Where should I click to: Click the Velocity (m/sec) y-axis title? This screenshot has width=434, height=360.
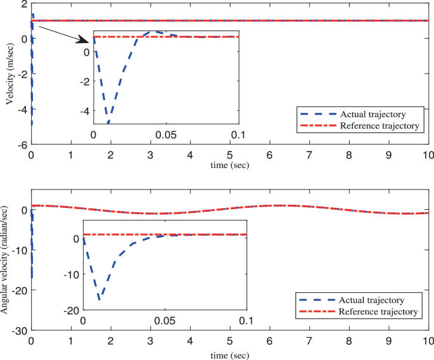10,75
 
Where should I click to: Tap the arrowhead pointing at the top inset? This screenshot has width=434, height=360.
88,41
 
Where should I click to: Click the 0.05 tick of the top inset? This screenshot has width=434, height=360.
166,135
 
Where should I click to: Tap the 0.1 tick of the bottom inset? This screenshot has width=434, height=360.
246,321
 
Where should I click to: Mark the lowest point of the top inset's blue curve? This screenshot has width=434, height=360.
108,122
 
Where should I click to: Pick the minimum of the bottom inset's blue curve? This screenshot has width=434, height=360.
99,299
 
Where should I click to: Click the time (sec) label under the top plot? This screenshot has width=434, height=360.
229,165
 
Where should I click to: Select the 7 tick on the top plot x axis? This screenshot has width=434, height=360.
309,155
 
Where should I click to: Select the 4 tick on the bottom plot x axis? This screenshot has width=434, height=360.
190,341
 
